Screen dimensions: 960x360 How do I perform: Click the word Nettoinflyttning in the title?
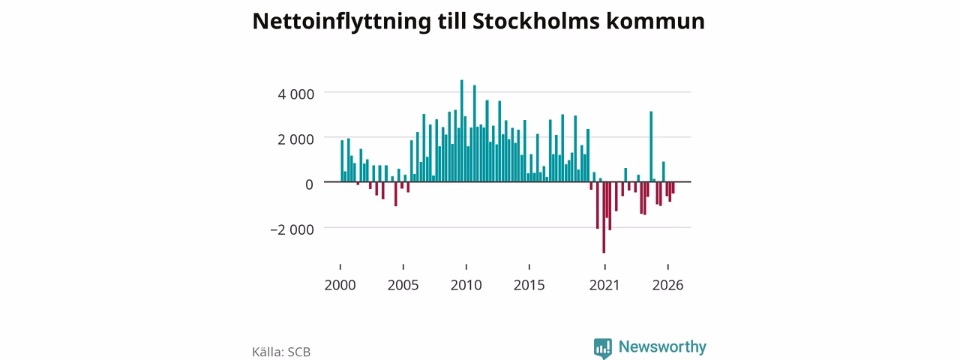point(341,22)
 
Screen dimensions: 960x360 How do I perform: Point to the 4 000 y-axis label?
point(295,94)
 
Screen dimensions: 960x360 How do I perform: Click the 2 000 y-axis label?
point(295,139)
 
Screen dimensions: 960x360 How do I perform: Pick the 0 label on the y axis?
point(309,184)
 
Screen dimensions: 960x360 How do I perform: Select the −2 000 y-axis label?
point(292,229)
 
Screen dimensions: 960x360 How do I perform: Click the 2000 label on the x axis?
point(340,285)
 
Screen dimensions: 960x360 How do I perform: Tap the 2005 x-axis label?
point(403,285)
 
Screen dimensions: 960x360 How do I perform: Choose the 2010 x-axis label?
point(466,285)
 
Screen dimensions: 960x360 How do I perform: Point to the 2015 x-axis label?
point(529,285)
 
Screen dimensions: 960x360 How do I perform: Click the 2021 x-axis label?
point(604,285)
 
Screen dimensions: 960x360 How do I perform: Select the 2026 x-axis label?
point(667,285)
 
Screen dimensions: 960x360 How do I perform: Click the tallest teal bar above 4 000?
point(461,130)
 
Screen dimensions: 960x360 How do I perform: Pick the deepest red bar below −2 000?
point(604,217)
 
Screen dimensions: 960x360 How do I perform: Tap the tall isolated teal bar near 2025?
point(651,146)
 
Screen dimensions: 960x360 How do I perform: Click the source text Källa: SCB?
point(281,352)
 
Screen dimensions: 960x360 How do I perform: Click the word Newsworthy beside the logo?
point(662,346)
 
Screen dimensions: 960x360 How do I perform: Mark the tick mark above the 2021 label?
point(604,267)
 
